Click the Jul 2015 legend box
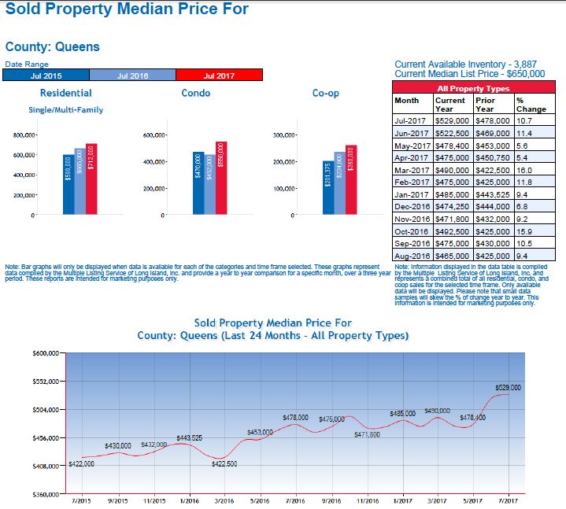[46, 76]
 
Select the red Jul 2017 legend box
[219, 76]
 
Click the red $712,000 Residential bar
[91, 179]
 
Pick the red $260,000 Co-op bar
[351, 179]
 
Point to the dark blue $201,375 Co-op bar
[328, 190]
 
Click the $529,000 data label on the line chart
[508, 387]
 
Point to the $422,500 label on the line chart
[230, 464]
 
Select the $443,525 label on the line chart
[190, 437]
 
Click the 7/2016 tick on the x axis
[296, 500]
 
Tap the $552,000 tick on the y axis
[46, 382]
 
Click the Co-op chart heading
[326, 94]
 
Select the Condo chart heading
[195, 94]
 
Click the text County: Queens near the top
[53, 46]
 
